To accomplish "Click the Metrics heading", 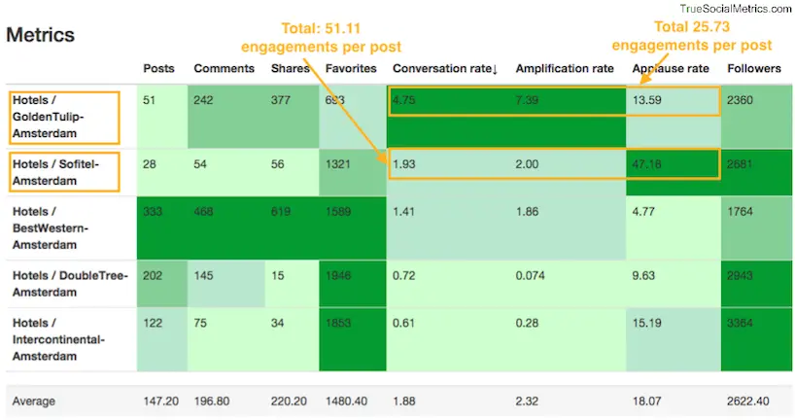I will (40, 35).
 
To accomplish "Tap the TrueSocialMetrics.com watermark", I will (736, 8).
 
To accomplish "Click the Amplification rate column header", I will (564, 69).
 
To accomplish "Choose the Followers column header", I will (754, 69).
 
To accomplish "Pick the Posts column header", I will (158, 69).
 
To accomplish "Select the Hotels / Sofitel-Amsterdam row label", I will (62, 171).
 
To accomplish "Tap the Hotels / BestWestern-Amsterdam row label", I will (62, 227).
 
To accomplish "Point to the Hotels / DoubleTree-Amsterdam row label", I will (69, 283).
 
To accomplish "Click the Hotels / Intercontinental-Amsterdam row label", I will (64, 339).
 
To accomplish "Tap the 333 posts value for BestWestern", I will (154, 210).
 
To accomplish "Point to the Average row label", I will (33, 402).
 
